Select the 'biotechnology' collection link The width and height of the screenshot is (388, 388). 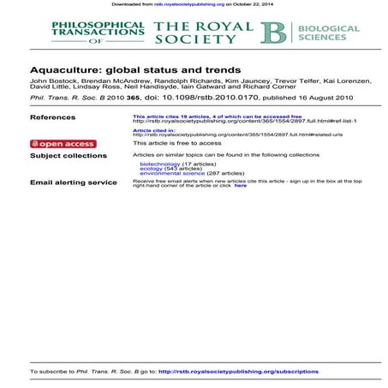point(159,164)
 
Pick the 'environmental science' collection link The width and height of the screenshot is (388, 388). point(171,174)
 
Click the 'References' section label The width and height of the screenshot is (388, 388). point(52,116)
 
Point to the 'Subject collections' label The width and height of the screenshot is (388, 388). point(69,156)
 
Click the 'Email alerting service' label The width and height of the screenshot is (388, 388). point(74,182)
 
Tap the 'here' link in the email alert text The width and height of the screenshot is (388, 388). point(241,186)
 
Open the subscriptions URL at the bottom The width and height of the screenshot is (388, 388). point(239,372)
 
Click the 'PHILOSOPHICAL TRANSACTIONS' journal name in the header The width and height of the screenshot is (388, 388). point(98,30)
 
